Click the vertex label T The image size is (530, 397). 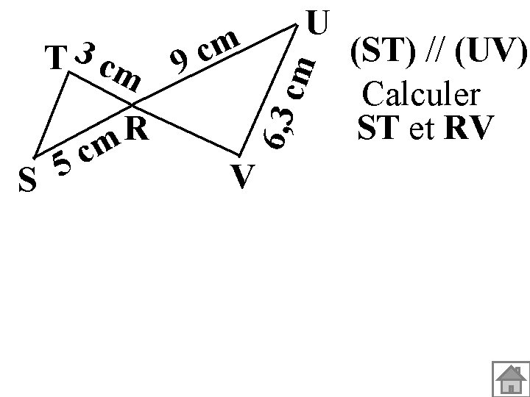[53, 58]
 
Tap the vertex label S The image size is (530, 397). [27, 179]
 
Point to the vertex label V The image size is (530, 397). [243, 176]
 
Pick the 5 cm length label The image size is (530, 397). [87, 150]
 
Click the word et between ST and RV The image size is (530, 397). [422, 128]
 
